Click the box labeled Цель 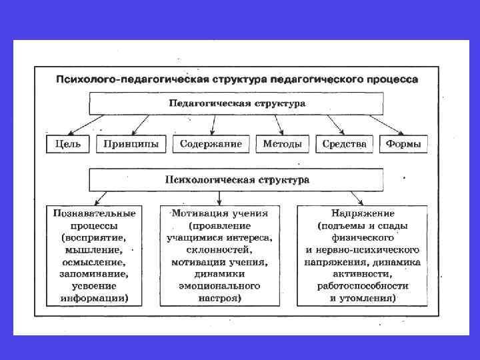pyautogui.click(x=69, y=144)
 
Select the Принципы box pyautogui.click(x=132, y=144)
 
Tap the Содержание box pyautogui.click(x=211, y=144)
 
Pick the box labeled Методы pyautogui.click(x=283, y=144)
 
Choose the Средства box pyautogui.click(x=344, y=144)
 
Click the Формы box pyautogui.click(x=403, y=144)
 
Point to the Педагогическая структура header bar pyautogui.click(x=237, y=103)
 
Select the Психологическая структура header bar pyautogui.click(x=237, y=180)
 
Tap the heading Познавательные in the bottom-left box pyautogui.click(x=95, y=213)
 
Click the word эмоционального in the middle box pyautogui.click(x=219, y=285)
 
